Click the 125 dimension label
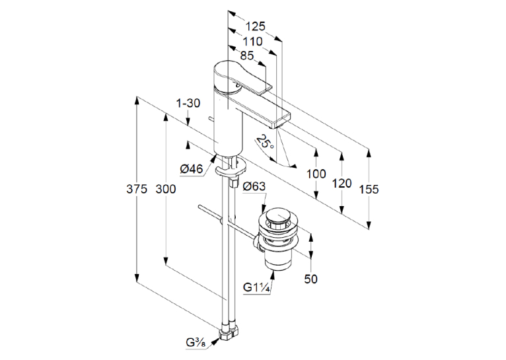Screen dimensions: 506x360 click(x=255, y=26)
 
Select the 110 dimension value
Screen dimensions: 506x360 click(x=253, y=42)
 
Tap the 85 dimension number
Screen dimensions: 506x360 click(x=247, y=55)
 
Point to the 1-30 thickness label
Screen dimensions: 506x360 click(x=188, y=103)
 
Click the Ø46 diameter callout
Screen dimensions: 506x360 click(x=192, y=168)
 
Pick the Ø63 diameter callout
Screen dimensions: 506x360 click(x=254, y=186)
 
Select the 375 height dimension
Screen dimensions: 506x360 click(x=137, y=189)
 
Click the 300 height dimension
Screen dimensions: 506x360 click(x=166, y=189)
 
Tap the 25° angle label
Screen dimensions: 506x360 click(x=266, y=142)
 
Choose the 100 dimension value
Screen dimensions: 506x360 click(x=316, y=174)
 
